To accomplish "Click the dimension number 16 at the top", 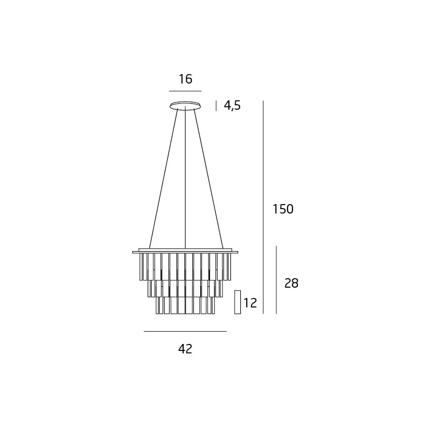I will click(185, 79).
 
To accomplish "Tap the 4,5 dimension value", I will click(232, 105).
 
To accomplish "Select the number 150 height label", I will click(283, 209).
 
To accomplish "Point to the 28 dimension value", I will click(291, 283).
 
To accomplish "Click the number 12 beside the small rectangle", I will click(250, 302).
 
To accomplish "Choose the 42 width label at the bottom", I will click(185, 349).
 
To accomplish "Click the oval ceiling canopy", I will click(185, 105).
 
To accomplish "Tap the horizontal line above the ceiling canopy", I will click(185, 91).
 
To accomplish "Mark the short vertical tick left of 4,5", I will click(216, 105).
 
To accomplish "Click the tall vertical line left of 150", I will click(263, 208).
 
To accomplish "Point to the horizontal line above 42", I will click(185, 331).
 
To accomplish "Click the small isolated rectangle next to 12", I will click(237, 302).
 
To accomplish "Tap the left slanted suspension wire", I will click(163, 178).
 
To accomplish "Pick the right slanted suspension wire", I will click(208, 178).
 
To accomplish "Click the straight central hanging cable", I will click(185, 178).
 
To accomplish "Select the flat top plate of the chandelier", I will click(185, 252).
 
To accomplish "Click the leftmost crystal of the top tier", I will click(141, 267).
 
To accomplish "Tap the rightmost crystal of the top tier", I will click(229, 267).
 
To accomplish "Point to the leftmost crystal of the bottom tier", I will click(158, 305).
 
